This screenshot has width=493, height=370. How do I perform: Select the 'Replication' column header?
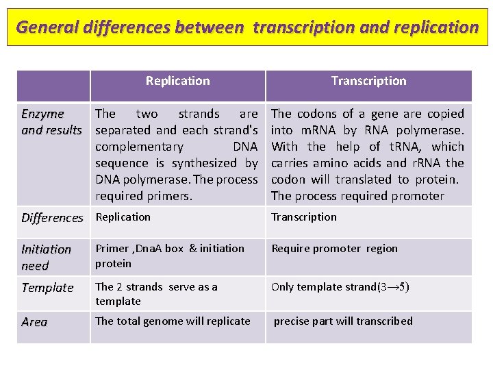click(177, 81)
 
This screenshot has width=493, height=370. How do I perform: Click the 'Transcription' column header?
click(368, 81)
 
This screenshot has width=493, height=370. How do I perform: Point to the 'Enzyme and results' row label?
click(51, 122)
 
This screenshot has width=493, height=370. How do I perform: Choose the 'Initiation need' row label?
click(46, 257)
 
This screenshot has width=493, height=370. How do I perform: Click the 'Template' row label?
click(47, 288)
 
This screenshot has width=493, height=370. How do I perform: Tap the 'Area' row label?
click(34, 322)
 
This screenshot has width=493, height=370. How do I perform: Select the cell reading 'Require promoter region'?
click(333, 249)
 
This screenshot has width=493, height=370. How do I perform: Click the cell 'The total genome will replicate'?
click(173, 321)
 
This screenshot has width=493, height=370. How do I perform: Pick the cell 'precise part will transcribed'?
click(343, 321)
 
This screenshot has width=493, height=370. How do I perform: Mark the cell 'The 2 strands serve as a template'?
click(156, 294)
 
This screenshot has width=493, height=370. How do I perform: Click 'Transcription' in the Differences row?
click(304, 217)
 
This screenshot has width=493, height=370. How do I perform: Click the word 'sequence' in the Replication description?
click(122, 163)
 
